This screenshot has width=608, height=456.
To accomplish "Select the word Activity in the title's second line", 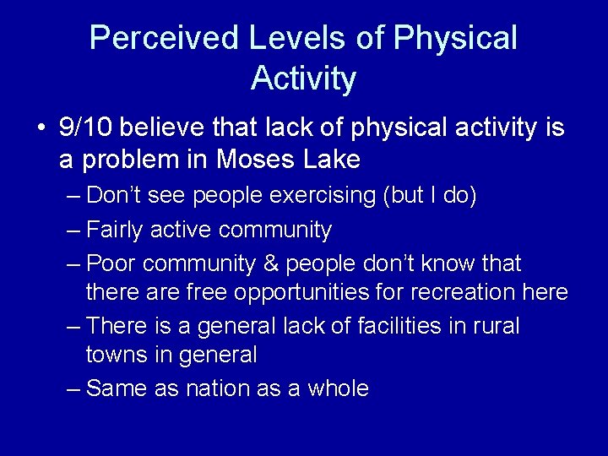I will click(x=303, y=79).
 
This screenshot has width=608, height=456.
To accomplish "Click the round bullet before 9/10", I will click(x=41, y=129).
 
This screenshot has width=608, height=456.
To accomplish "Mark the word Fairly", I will click(x=116, y=229).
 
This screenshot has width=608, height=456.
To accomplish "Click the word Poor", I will click(x=111, y=263).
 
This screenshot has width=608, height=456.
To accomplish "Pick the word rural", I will click(x=496, y=325).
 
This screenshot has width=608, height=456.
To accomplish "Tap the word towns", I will click(x=117, y=355).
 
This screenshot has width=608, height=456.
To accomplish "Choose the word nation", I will click(x=214, y=388).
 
